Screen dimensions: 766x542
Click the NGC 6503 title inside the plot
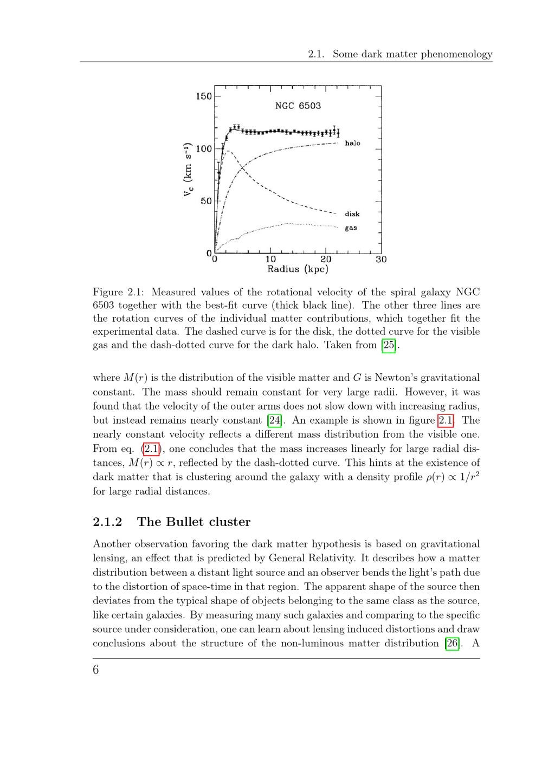[298, 106]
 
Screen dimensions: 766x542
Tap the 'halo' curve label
[352, 143]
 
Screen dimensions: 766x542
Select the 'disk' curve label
[352, 214]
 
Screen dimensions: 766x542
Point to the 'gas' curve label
[351, 228]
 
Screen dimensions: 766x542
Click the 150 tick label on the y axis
[204, 96]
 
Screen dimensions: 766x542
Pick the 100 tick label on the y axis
[204, 148]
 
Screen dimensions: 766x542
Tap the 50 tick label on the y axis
[206, 201]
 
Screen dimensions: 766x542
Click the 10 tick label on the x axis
[270, 259]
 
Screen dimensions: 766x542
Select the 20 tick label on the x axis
[326, 259]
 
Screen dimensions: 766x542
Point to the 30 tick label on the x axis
[381, 259]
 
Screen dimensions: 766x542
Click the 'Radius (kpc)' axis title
[298, 269]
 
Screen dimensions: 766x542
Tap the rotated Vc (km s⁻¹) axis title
[188, 170]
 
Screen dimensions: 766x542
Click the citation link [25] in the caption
[389, 345]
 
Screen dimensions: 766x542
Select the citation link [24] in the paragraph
[274, 420]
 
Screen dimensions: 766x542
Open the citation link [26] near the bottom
[451, 644]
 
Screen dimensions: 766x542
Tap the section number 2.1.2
[107, 522]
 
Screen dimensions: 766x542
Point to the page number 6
[96, 670]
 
